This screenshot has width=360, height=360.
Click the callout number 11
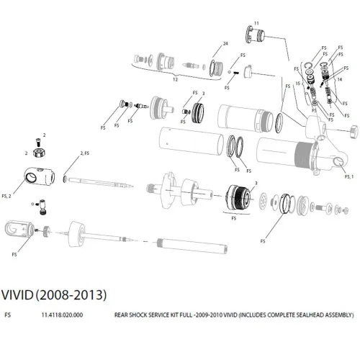click(x=256, y=24)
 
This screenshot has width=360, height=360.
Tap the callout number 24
click(x=225, y=45)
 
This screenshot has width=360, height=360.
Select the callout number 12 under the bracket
click(x=174, y=80)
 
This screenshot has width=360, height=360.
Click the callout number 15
click(x=297, y=82)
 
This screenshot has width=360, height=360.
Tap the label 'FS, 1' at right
click(x=350, y=176)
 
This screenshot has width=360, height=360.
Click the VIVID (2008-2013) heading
click(x=55, y=295)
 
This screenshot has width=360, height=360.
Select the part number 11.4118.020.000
click(x=63, y=315)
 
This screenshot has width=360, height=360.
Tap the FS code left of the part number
click(x=7, y=315)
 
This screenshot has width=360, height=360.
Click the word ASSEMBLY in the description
click(x=337, y=315)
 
